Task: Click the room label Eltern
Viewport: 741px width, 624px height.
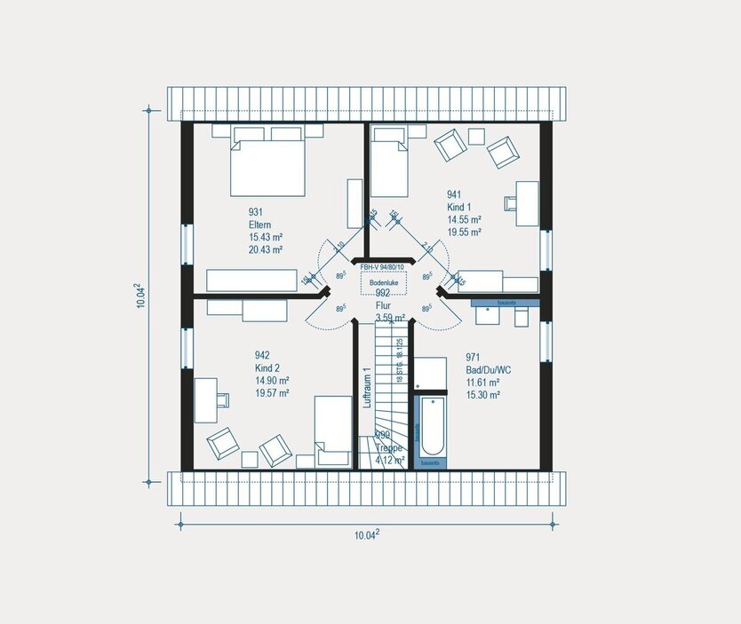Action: tap(259, 225)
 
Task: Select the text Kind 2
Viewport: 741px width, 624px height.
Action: tap(267, 367)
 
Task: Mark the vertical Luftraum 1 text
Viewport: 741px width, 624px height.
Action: tap(365, 388)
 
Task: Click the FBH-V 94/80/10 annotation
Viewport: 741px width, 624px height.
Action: tap(382, 266)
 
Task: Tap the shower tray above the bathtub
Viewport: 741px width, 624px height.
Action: tap(431, 374)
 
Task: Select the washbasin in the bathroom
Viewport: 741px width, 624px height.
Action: tap(489, 316)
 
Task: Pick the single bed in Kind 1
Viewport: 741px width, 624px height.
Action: tap(388, 162)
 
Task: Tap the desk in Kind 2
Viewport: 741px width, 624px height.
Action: tap(205, 400)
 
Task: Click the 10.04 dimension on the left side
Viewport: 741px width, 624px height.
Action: tap(140, 296)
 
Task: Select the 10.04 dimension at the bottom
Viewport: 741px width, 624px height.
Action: tap(368, 534)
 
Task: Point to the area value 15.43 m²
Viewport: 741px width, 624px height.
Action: tap(265, 238)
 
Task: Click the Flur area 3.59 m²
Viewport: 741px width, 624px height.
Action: tap(389, 317)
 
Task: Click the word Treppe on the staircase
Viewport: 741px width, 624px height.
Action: tap(389, 448)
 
